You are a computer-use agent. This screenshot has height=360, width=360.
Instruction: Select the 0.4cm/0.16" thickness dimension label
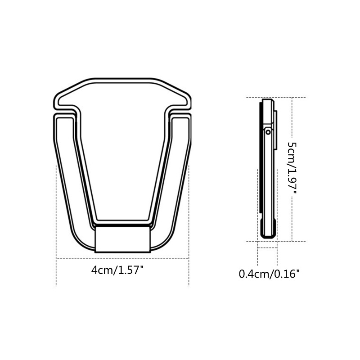(x=269, y=273)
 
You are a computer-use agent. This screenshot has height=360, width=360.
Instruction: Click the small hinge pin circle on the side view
(x=268, y=132)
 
